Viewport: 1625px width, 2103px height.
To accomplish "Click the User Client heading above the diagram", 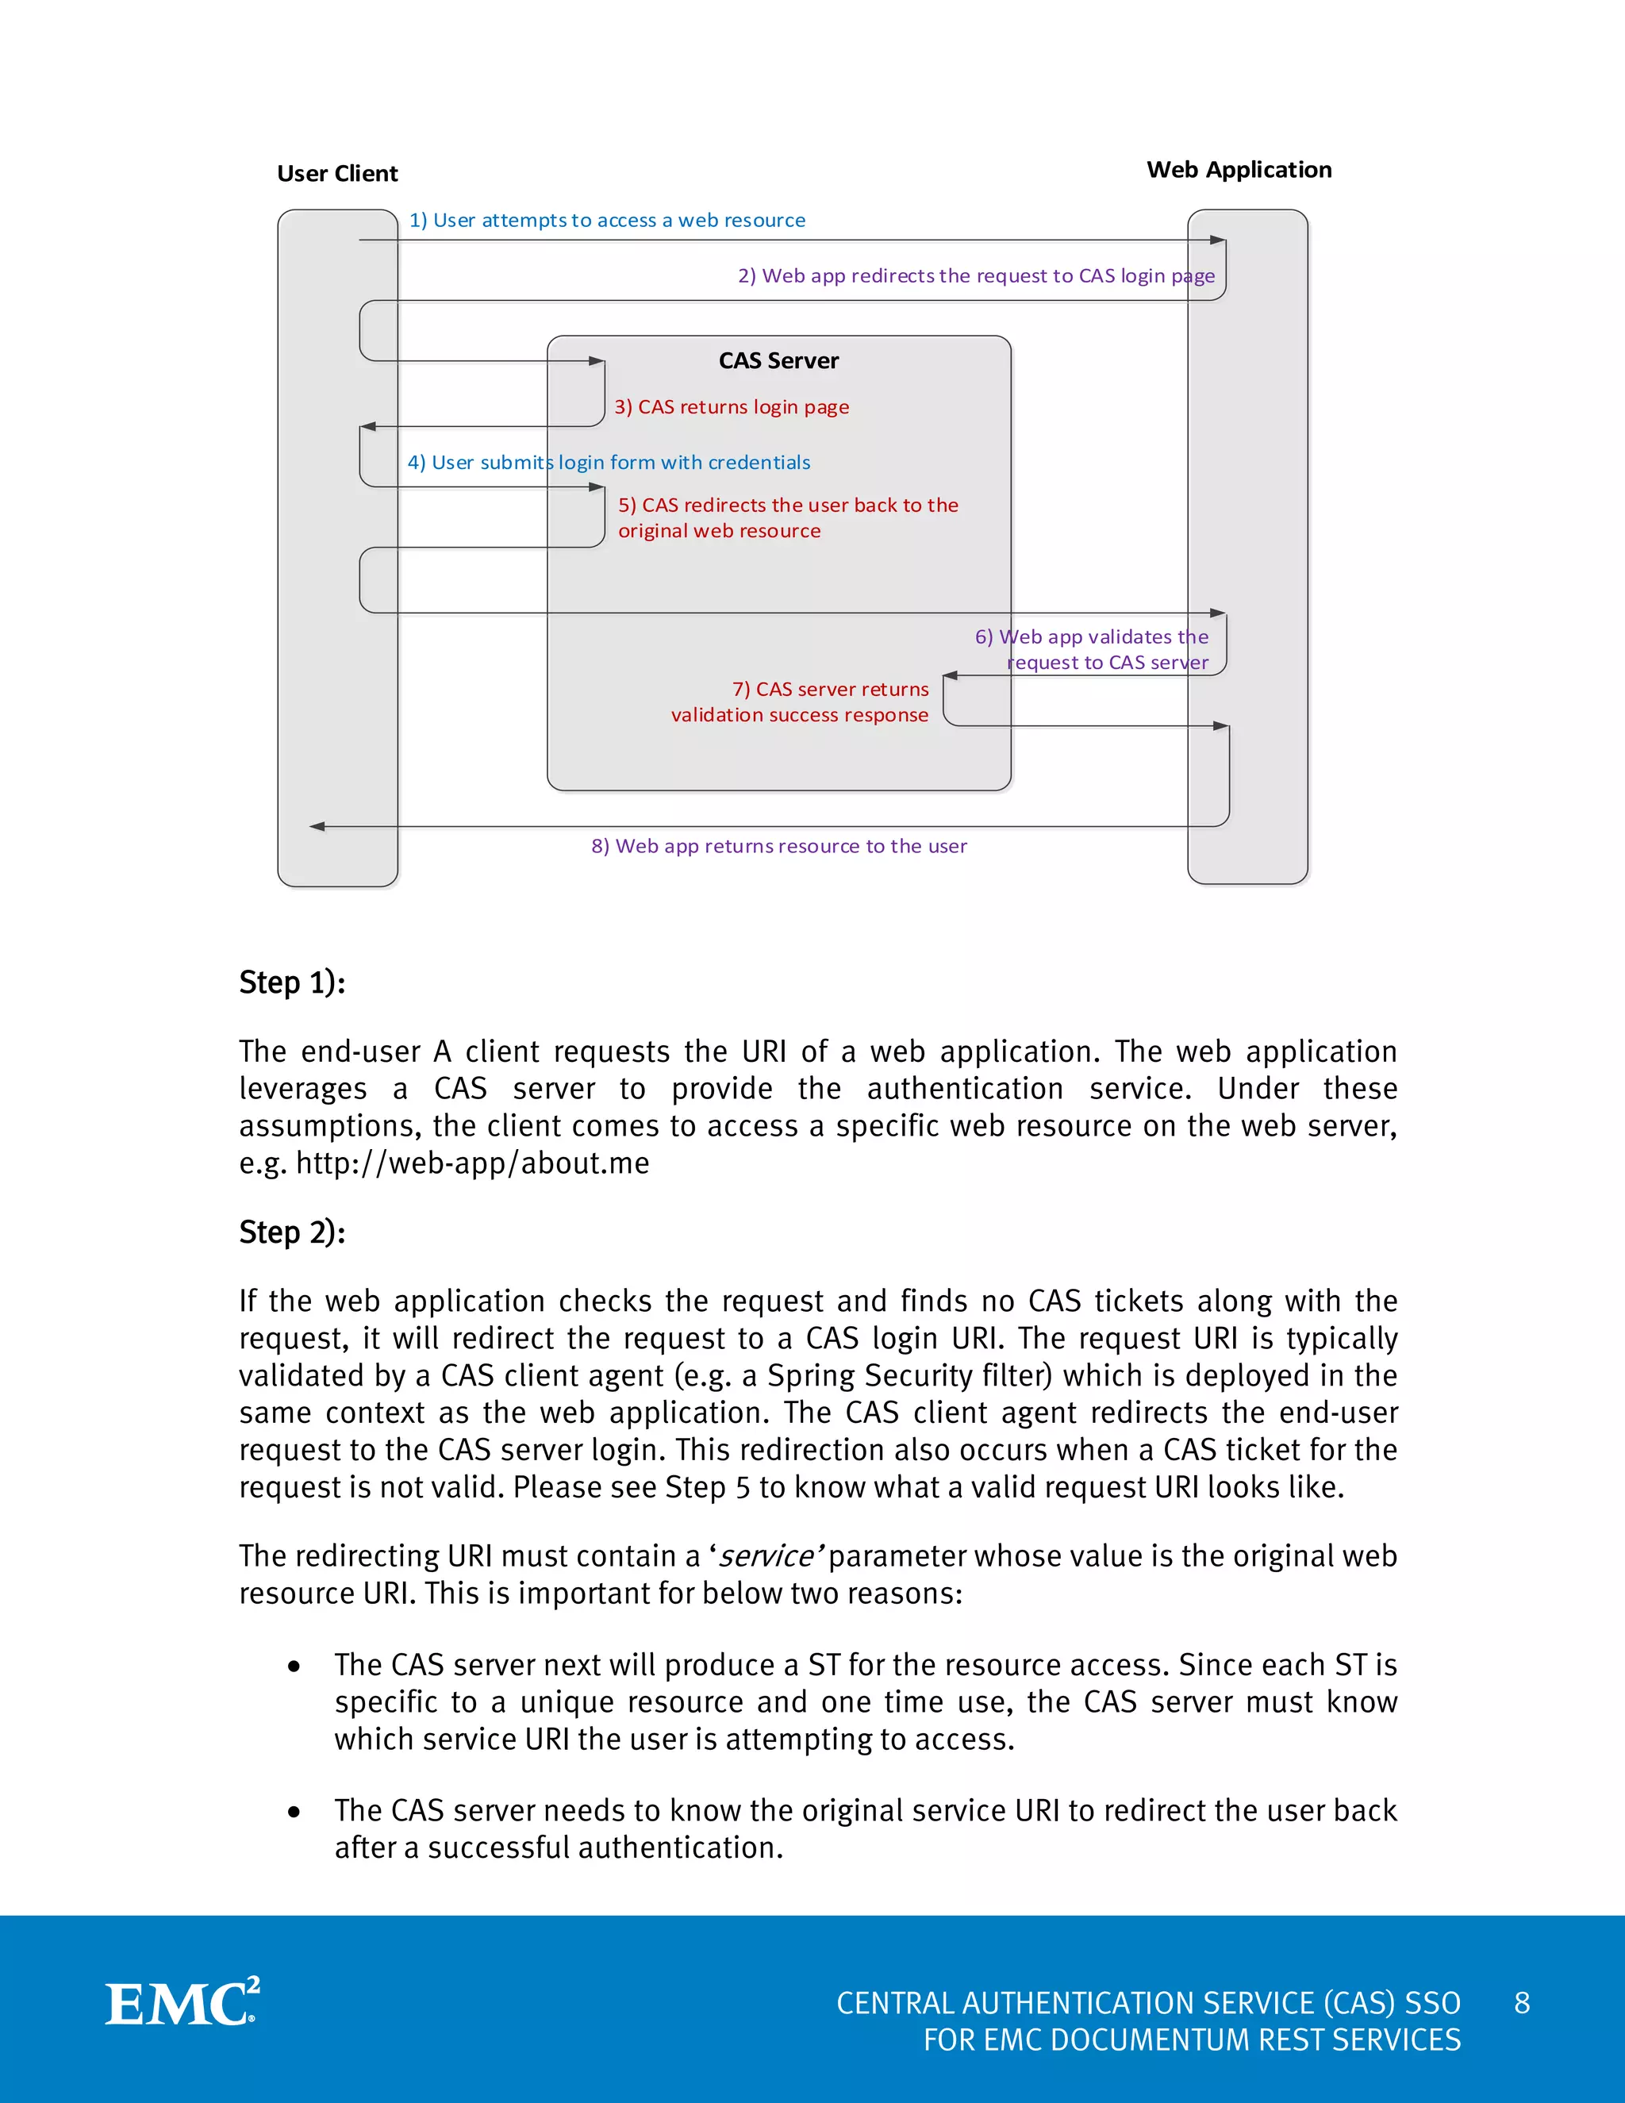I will point(337,173).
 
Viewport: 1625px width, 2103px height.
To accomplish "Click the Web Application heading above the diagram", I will point(1239,170).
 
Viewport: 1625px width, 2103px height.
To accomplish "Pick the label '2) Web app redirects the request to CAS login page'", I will point(975,276).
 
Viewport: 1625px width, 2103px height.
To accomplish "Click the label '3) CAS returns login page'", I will point(732,407).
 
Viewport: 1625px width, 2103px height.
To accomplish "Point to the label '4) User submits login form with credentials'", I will point(609,463).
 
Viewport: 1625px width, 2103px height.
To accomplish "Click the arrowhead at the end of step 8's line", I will point(317,826).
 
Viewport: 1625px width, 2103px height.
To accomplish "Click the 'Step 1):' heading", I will point(292,983).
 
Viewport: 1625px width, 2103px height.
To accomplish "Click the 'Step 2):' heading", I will point(292,1232).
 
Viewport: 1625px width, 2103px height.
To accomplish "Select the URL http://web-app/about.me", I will point(472,1163).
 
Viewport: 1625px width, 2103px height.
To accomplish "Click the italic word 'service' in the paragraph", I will point(766,1557).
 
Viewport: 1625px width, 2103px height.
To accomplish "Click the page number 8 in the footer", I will point(1521,2003).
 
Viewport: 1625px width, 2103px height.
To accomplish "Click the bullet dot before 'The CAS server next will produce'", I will point(294,1667).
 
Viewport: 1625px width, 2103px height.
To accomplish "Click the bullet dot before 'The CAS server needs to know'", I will point(294,1813).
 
